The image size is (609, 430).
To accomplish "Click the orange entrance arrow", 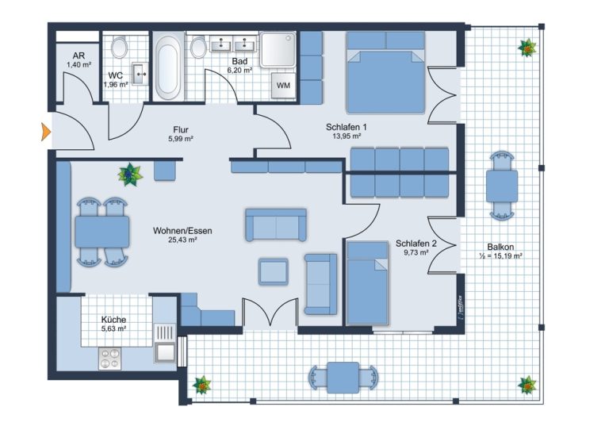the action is click(46, 132).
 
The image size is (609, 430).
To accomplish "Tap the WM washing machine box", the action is click(283, 85).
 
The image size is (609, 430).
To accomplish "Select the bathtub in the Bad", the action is click(168, 67).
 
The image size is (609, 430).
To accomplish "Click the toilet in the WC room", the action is click(119, 48).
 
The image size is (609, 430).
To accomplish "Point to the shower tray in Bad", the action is click(278, 49).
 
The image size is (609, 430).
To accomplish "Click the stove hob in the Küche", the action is click(109, 359).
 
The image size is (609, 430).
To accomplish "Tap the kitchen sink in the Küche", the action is click(165, 344).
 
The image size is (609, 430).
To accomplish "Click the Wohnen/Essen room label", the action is click(182, 231).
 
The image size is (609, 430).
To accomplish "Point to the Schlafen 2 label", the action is click(416, 244).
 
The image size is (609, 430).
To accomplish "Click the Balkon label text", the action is click(500, 247).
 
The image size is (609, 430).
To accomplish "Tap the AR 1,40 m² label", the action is click(79, 60).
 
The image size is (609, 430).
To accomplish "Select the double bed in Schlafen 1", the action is click(385, 72).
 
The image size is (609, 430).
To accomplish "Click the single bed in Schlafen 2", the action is click(367, 282).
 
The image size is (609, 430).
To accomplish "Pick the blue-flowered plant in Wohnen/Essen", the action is click(130, 175).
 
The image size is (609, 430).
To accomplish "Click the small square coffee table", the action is click(274, 271).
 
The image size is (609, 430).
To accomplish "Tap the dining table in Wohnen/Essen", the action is click(102, 232).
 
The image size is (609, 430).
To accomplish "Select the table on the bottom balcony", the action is click(343, 378).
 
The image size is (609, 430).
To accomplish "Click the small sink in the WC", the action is click(140, 74).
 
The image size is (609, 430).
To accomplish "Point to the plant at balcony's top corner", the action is click(527, 48).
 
